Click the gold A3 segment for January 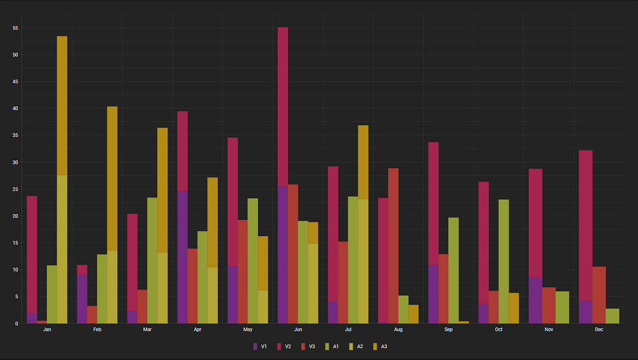pyautogui.click(x=62, y=105)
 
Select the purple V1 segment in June pyautogui.click(x=283, y=255)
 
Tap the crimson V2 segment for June pyautogui.click(x=283, y=107)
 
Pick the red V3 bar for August pyautogui.click(x=394, y=245)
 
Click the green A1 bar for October pyautogui.click(x=503, y=261)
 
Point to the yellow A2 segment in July pyautogui.click(x=363, y=261)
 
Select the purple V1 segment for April pyautogui.click(x=183, y=257)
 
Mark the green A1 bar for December pyautogui.click(x=612, y=316)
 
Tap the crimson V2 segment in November pyautogui.click(x=535, y=223)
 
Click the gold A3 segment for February pyautogui.click(x=112, y=179)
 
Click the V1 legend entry pyautogui.click(x=260, y=346)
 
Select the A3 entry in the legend pyautogui.click(x=380, y=346)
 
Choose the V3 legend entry pyautogui.click(x=308, y=346)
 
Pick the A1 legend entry pyautogui.click(x=332, y=346)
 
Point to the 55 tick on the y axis pyautogui.click(x=16, y=28)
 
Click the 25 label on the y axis pyautogui.click(x=16, y=189)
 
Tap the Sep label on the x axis pyautogui.click(x=449, y=329)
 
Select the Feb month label pyautogui.click(x=97, y=329)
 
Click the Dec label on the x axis pyautogui.click(x=599, y=329)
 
